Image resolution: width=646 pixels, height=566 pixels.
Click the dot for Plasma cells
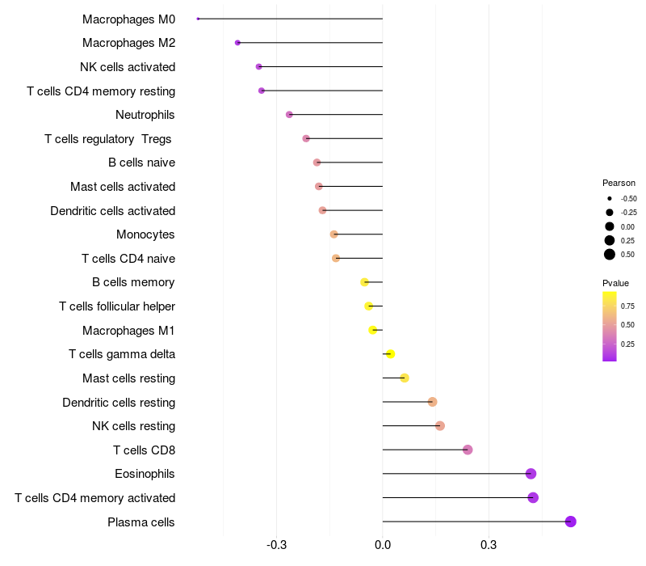[570, 522]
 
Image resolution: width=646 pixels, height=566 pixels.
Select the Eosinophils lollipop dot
[531, 474]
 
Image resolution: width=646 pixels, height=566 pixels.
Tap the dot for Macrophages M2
[237, 42]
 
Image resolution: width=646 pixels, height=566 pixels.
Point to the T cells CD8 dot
[468, 450]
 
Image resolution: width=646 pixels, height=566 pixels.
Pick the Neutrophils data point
[289, 115]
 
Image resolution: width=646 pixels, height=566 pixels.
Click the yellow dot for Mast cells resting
[405, 378]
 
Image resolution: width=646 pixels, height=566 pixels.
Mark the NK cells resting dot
[440, 426]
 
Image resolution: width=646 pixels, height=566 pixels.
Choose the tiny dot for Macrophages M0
[198, 19]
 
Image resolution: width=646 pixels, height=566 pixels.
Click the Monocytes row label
[145, 234]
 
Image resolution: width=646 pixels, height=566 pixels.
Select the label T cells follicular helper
[117, 306]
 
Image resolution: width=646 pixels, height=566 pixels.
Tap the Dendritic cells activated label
[112, 210]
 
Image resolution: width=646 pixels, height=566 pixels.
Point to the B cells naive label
[141, 163]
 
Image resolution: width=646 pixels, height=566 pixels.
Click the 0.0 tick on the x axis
[383, 545]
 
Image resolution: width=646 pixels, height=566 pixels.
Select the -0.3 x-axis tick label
[277, 545]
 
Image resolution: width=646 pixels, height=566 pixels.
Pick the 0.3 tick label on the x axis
[489, 545]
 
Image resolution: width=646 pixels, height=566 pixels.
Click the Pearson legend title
[619, 183]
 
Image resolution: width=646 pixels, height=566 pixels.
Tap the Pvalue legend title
[615, 283]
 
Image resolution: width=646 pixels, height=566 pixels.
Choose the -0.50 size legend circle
[610, 198]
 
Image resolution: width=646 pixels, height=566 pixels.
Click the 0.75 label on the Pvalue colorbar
[627, 306]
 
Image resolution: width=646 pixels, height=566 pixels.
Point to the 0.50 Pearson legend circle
[610, 255]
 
